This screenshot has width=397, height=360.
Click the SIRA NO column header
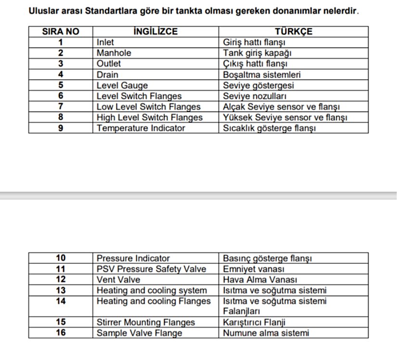pos(61,32)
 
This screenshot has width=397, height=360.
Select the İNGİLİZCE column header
pos(155,32)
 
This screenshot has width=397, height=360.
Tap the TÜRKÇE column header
pos(294,32)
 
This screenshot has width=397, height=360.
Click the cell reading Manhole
pos(114,53)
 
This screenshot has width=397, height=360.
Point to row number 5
pos(61,86)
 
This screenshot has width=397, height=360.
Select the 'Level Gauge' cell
pos(122,86)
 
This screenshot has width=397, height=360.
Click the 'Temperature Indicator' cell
pos(141,128)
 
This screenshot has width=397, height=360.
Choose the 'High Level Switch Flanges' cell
pos(150,117)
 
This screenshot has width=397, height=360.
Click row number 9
pos(61,128)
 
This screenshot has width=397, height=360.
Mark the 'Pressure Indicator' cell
pos(133,258)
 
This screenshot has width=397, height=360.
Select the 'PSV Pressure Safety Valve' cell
pos(151,269)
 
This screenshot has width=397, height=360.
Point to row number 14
pos(61,301)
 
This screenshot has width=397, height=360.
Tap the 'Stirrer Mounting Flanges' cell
pos(146,322)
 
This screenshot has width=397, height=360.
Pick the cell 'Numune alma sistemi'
pos(266,333)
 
